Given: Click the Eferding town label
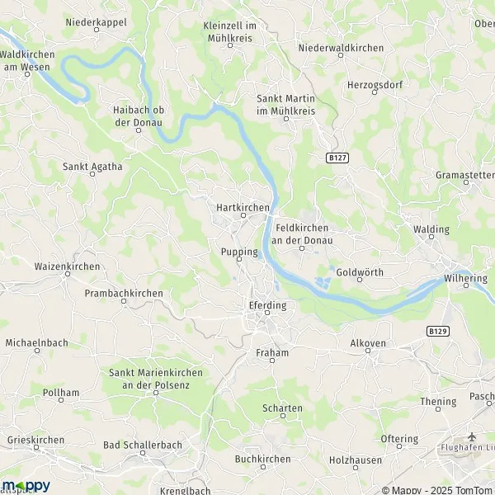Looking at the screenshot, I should pyautogui.click(x=267, y=305).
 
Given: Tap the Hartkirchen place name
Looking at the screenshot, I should pyautogui.click(x=243, y=208).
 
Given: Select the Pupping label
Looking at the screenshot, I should pyautogui.click(x=239, y=252).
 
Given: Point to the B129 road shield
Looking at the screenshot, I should pyautogui.click(x=437, y=330).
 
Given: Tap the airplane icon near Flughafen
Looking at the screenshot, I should pyautogui.click(x=471, y=436).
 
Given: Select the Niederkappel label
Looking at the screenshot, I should pyautogui.click(x=96, y=22).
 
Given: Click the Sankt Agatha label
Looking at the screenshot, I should pyautogui.click(x=92, y=166).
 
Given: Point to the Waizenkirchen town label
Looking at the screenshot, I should pyautogui.click(x=67, y=266).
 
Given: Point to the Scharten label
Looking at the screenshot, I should pyautogui.click(x=282, y=408).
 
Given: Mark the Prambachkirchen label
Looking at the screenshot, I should pyautogui.click(x=124, y=293).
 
